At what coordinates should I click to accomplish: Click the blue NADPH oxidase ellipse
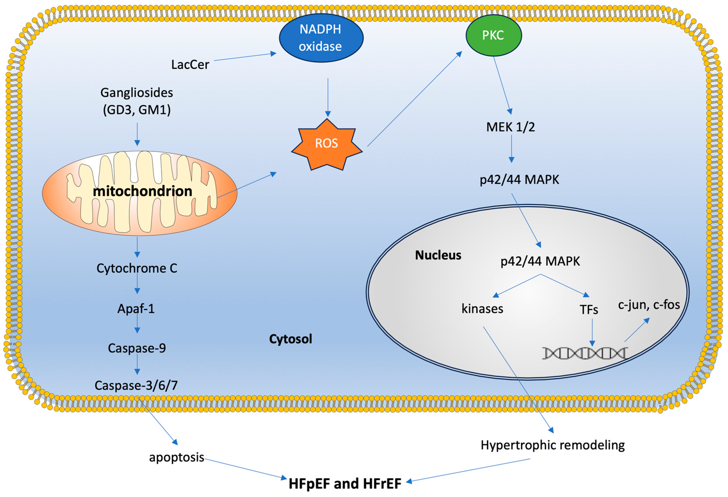[x=321, y=38]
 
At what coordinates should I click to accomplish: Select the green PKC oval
[x=494, y=35]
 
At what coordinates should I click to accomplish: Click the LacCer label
[x=190, y=65]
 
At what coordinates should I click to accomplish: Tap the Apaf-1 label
[x=136, y=309]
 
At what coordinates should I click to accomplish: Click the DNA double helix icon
[x=585, y=353]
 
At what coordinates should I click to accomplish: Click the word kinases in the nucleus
[x=482, y=309]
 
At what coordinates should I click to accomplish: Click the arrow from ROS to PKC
[x=414, y=100]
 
